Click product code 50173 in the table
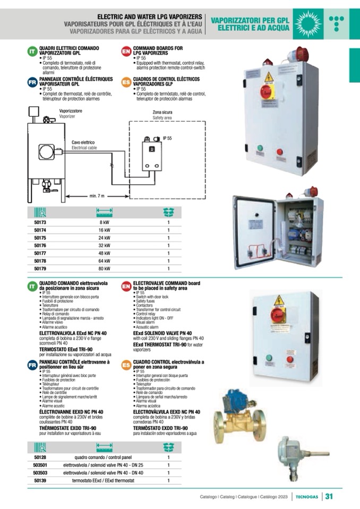tap(40, 223)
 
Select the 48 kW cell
tap(104, 253)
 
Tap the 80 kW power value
tap(104, 269)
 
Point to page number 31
tap(329, 497)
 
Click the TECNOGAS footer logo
tap(307, 497)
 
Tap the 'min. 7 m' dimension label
tap(97, 196)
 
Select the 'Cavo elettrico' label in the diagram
tap(83, 143)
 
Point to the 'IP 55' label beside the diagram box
tap(167, 138)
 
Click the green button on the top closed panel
tap(260, 149)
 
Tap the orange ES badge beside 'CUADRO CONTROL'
tap(126, 365)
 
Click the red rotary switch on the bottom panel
tap(278, 315)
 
